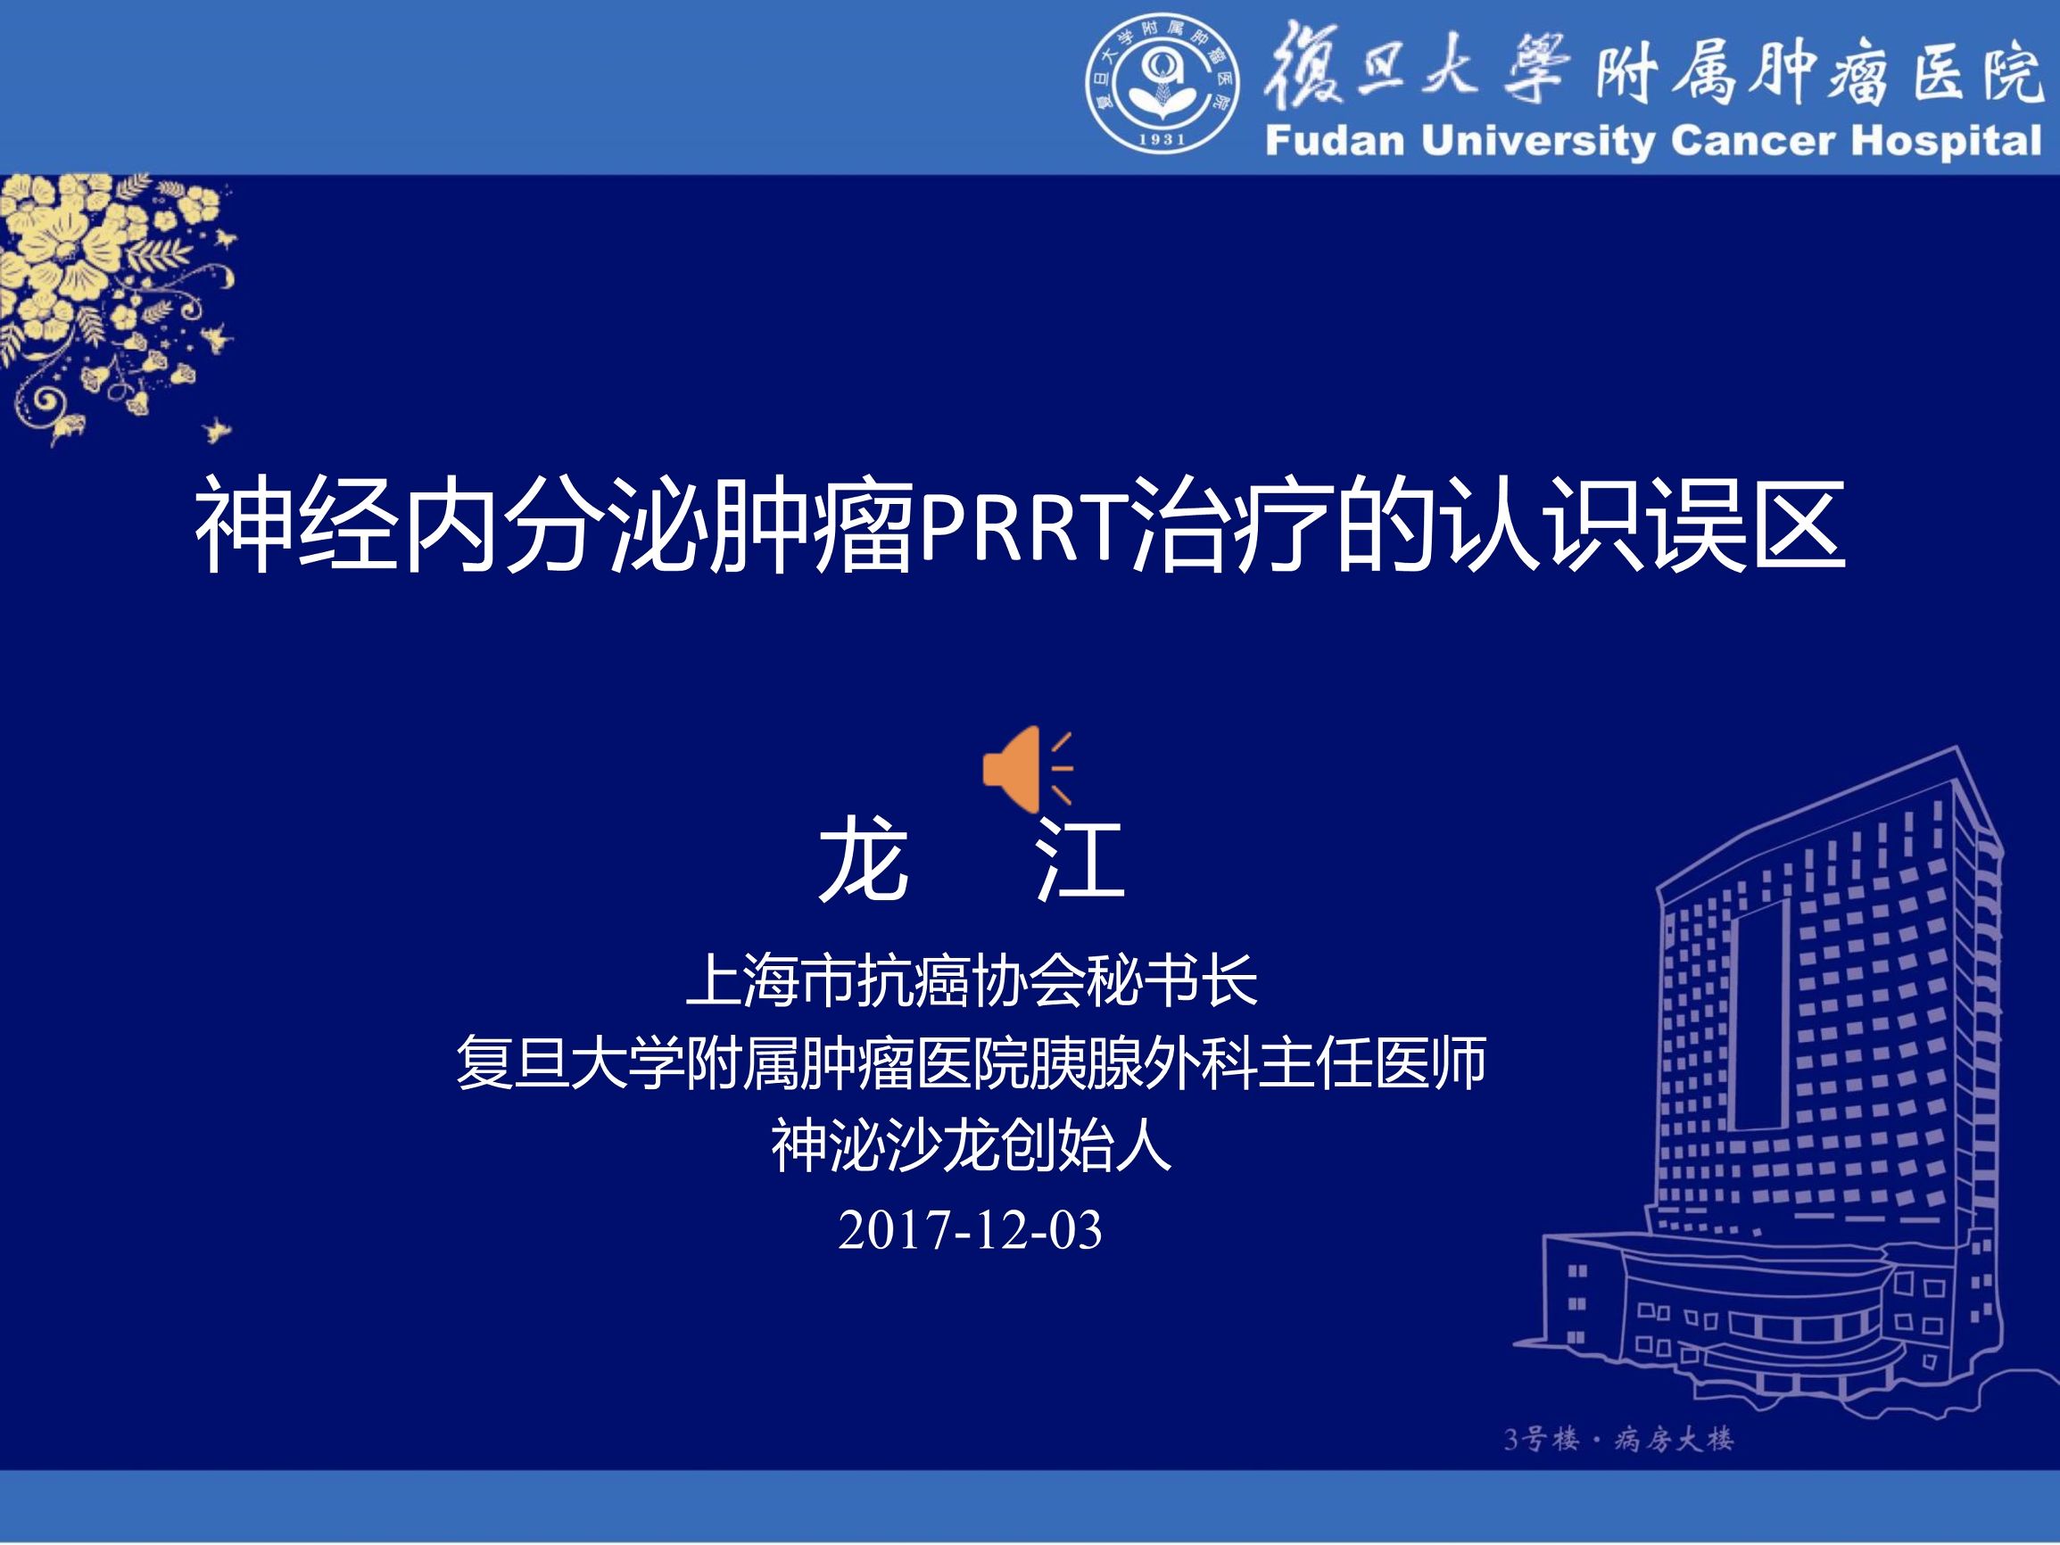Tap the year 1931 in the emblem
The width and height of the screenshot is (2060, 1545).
pyautogui.click(x=1162, y=139)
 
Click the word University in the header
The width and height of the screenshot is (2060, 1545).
pyautogui.click(x=1539, y=142)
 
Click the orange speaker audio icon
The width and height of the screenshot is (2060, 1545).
pyautogui.click(x=1025, y=769)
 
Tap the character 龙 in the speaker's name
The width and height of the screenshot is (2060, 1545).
pyautogui.click(x=863, y=861)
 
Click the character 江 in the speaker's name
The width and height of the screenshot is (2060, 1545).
pyautogui.click(x=1081, y=861)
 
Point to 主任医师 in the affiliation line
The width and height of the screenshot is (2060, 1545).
pyautogui.click(x=1371, y=1062)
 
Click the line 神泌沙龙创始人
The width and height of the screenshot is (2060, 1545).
pyautogui.click(x=971, y=1145)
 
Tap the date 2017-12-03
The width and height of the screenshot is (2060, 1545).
pyautogui.click(x=971, y=1229)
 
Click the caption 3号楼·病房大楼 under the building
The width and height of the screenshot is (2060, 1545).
pyautogui.click(x=1618, y=1439)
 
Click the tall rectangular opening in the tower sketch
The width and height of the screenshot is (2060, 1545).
pyautogui.click(x=1759, y=1015)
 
